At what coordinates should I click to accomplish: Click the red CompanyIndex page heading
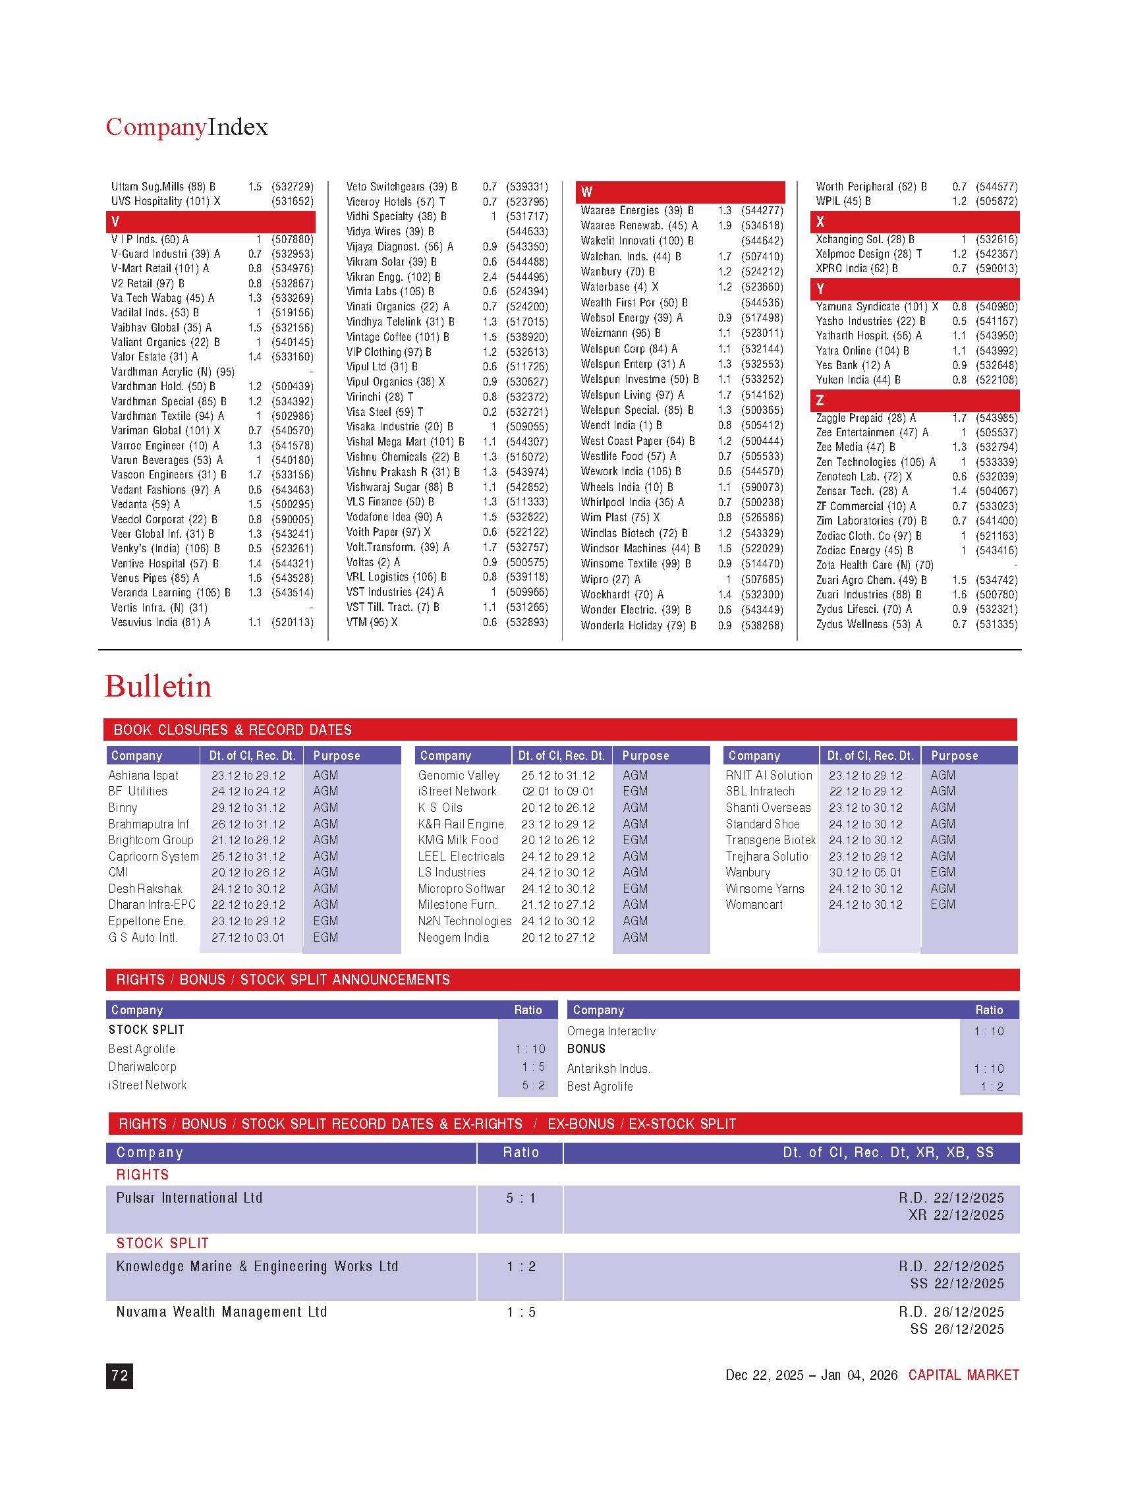(186, 127)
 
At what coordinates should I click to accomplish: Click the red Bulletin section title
(158, 687)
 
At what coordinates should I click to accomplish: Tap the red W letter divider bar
(679, 192)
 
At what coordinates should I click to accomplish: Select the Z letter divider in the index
(914, 401)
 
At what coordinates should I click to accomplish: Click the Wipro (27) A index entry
(610, 579)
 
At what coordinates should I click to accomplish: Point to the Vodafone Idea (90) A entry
(393, 517)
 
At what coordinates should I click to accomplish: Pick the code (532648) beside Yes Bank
(996, 365)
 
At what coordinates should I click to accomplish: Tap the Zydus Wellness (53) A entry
(868, 624)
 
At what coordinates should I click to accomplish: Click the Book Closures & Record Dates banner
(232, 730)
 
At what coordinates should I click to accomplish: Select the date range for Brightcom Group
(248, 840)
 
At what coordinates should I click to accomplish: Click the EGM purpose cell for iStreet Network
(634, 791)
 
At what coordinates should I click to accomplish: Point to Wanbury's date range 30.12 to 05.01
(865, 873)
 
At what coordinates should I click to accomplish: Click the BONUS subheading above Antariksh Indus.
(586, 1048)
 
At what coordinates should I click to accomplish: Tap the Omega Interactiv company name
(611, 1031)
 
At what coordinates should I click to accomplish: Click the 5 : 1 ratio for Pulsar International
(521, 1198)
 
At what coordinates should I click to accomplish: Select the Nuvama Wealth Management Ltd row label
(221, 1312)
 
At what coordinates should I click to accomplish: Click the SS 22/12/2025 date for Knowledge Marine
(957, 1284)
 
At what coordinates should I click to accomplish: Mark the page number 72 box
(120, 1376)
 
